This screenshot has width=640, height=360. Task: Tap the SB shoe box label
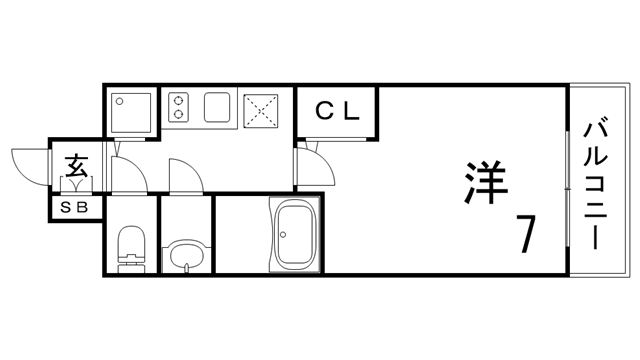click(x=76, y=208)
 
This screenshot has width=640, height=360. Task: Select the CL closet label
click(x=337, y=110)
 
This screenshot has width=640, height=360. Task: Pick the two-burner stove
click(x=180, y=107)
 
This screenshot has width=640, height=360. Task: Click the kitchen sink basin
click(x=218, y=107)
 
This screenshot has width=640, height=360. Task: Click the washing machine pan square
click(x=131, y=110)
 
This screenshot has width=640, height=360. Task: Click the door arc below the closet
click(x=312, y=160)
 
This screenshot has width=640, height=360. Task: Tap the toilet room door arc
click(x=130, y=176)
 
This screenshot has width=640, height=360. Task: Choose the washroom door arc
click(x=185, y=176)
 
